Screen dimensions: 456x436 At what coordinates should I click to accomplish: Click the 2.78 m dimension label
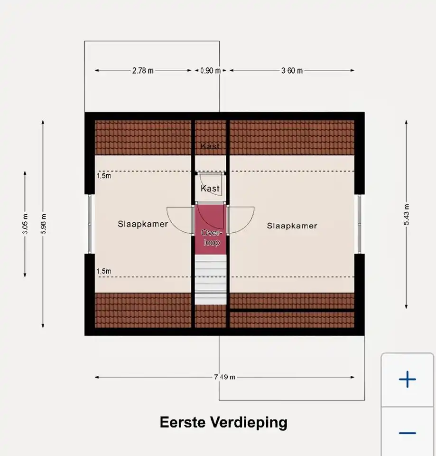coord(143,71)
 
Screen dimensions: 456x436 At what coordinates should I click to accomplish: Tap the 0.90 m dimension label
coord(210,71)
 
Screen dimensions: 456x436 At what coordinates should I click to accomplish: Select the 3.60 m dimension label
coord(292,71)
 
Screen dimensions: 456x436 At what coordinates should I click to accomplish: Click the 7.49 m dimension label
coord(224,377)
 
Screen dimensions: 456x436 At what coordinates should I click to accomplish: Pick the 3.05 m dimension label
coord(25,224)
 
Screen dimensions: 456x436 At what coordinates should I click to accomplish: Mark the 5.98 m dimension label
coord(43,224)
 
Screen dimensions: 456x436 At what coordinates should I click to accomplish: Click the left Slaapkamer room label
coord(143,224)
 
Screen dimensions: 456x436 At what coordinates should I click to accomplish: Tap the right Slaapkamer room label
coord(292,226)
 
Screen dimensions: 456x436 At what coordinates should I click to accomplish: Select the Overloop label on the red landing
coord(210,237)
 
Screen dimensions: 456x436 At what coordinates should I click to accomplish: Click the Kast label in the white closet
coord(210,189)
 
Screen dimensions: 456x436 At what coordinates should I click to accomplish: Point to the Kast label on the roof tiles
coord(210,146)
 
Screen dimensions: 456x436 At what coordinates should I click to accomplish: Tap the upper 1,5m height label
coord(104,176)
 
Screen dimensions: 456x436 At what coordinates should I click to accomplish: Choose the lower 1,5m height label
coord(104,271)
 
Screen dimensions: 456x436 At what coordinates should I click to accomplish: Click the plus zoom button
coord(407,379)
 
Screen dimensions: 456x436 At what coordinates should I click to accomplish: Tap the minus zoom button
coord(407,433)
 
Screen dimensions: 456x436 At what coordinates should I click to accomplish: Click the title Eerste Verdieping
coord(223,422)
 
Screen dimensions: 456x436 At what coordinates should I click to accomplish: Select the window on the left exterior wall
coord(90,224)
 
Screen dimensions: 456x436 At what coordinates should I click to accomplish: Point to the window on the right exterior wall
coord(360,224)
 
